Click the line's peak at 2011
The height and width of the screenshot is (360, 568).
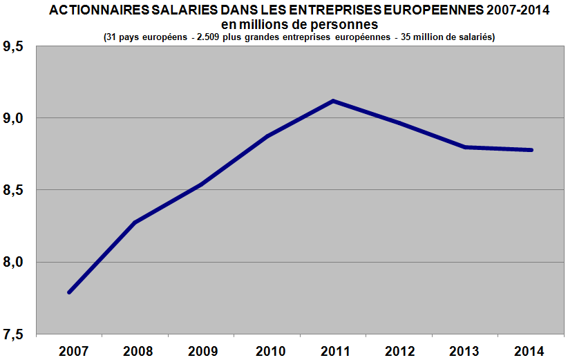[333, 101]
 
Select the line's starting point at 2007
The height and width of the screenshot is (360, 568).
[69, 292]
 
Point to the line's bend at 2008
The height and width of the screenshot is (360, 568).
[135, 222]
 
